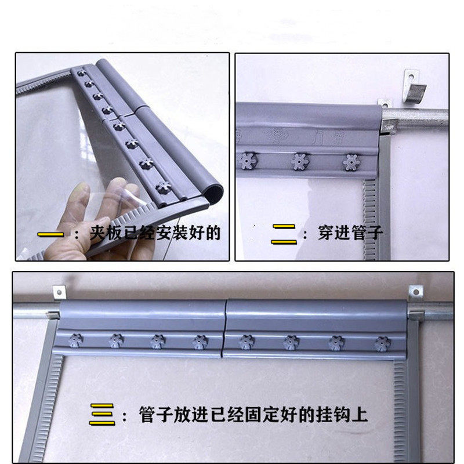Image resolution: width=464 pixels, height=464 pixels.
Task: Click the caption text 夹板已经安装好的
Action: point(155,234)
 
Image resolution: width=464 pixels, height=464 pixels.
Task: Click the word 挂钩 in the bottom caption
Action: point(341,415)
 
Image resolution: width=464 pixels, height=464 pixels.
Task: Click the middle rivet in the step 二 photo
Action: point(300,161)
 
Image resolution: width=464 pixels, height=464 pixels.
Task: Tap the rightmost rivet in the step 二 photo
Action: point(350,162)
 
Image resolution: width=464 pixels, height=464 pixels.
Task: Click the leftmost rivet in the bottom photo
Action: point(75,340)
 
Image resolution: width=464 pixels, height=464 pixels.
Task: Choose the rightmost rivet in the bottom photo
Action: point(381,343)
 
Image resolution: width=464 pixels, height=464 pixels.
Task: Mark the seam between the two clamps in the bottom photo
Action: point(224,331)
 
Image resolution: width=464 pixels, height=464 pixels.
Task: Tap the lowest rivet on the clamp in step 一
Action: point(161,187)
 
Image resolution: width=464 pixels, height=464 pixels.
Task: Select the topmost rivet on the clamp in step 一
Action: point(81,72)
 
